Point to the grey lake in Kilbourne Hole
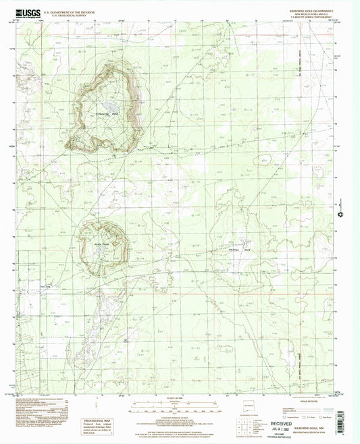click(111, 106)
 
